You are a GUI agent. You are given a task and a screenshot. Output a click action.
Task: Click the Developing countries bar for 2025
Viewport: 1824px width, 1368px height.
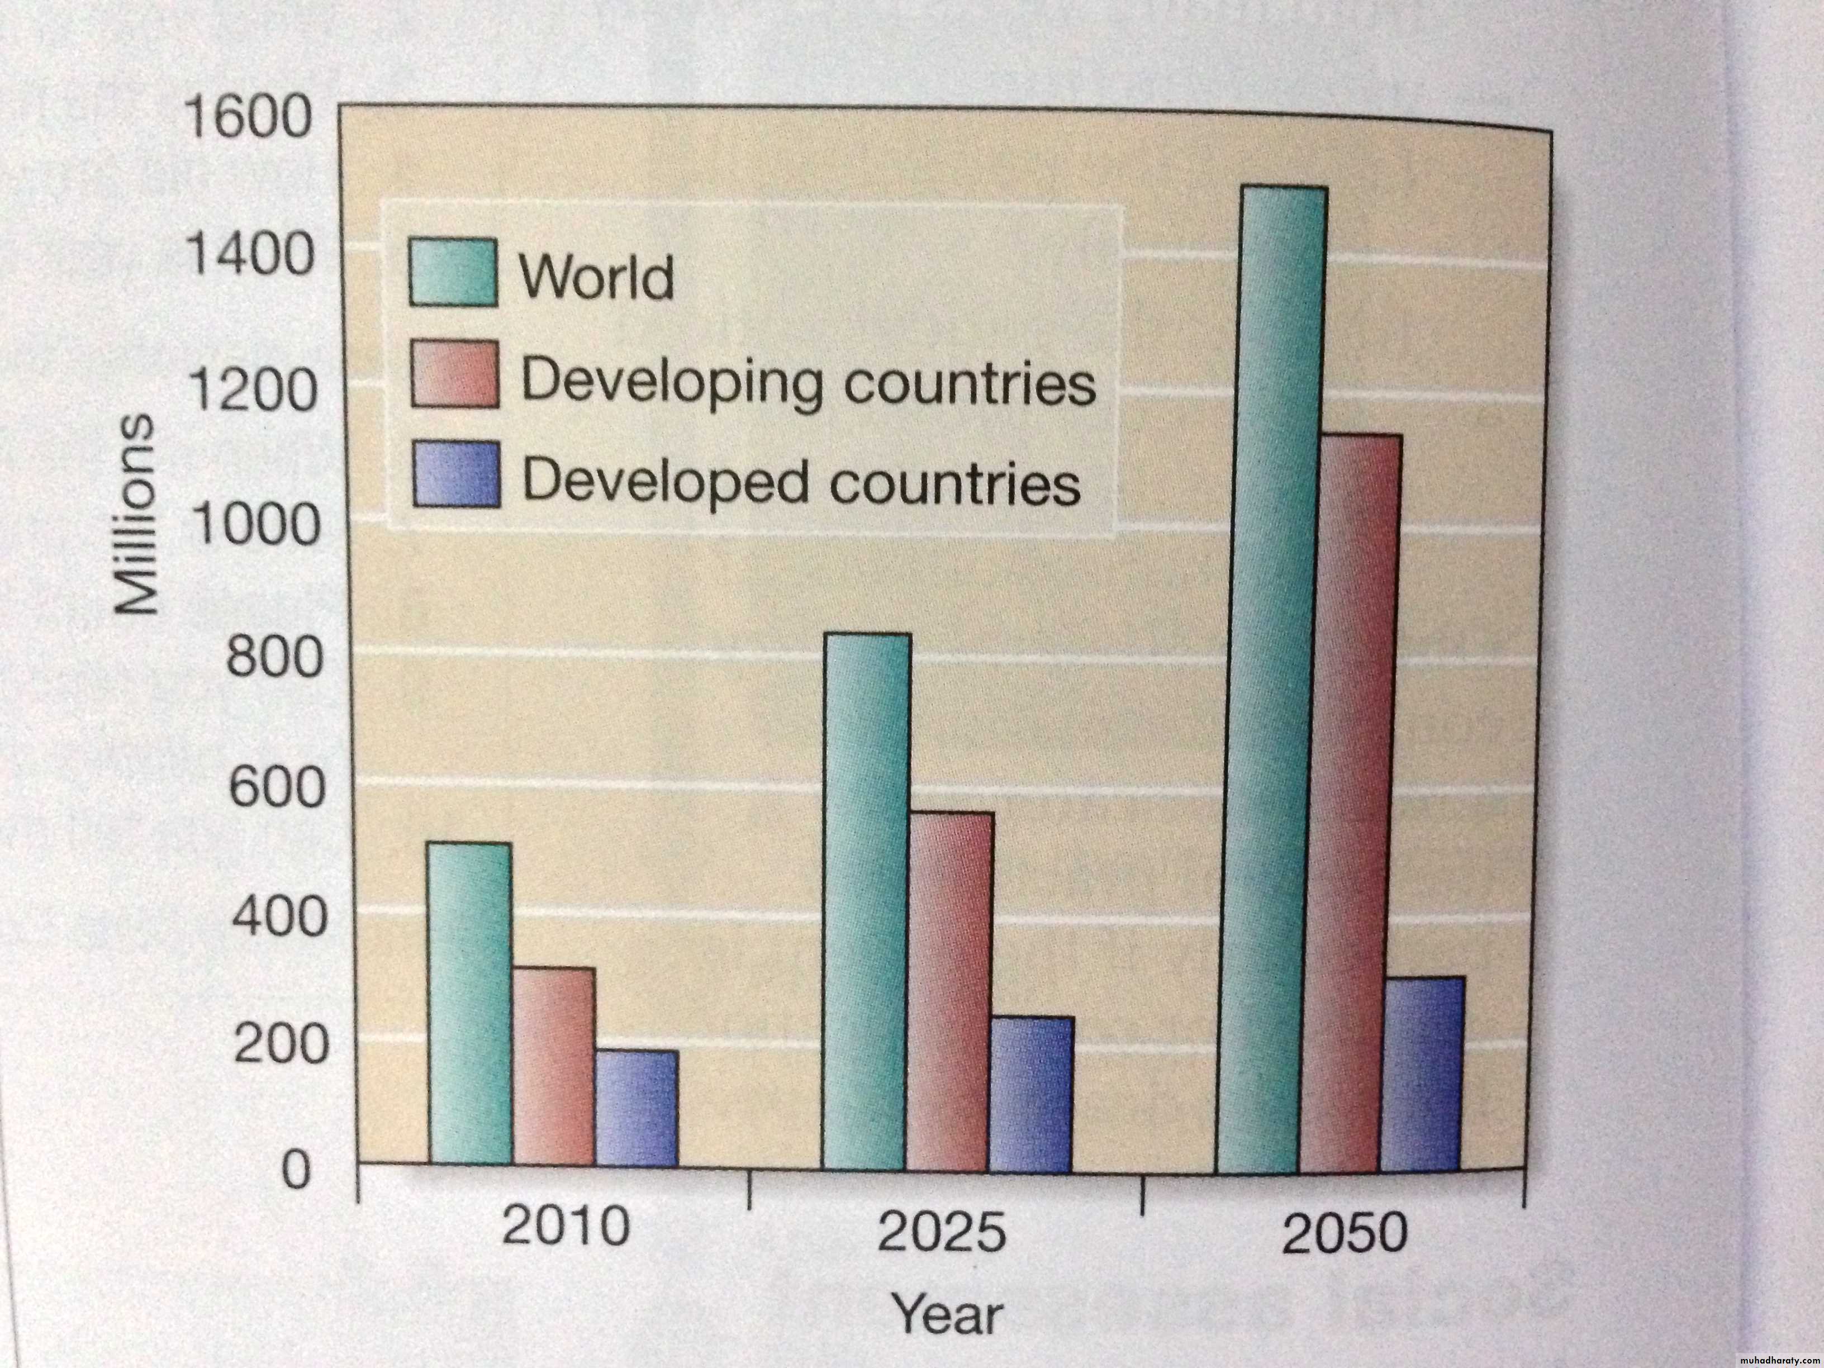pyautogui.click(x=950, y=990)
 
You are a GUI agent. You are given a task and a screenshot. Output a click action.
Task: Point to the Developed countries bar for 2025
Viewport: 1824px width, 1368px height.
pyautogui.click(x=1032, y=1092)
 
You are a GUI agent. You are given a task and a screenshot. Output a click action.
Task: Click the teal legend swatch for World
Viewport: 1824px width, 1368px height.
pyautogui.click(x=453, y=273)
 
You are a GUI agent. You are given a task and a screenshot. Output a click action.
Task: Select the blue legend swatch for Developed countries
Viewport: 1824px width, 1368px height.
pyautogui.click(x=455, y=475)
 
